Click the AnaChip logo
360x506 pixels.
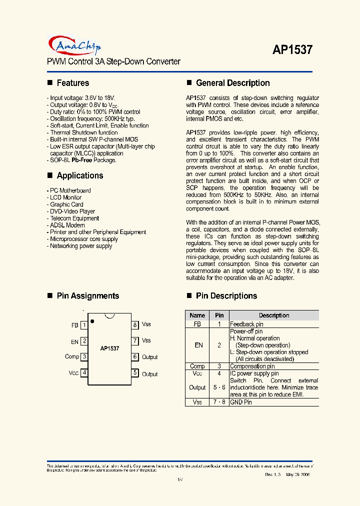coord(75,45)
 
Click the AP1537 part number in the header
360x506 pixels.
coord(292,50)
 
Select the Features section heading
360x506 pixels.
coord(72,83)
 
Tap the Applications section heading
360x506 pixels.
coord(79,175)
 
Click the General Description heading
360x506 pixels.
coord(232,83)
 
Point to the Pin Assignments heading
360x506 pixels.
coord(87,296)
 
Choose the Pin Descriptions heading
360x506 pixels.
coord(226,296)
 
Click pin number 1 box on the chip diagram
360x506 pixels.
coord(85,325)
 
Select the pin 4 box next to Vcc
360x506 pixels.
coord(85,372)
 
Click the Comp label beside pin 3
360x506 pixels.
coord(72,356)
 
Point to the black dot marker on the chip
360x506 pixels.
coord(92,321)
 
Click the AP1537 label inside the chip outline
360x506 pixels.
coord(109,348)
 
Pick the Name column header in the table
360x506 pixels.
coord(197,315)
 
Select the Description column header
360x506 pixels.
coord(273,315)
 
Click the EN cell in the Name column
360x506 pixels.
coord(197,345)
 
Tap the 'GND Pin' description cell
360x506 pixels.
coord(241,402)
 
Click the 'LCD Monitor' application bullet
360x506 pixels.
coord(65,197)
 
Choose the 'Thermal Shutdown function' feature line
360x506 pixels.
coord(83,132)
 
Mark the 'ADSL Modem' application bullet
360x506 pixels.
coord(64,225)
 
